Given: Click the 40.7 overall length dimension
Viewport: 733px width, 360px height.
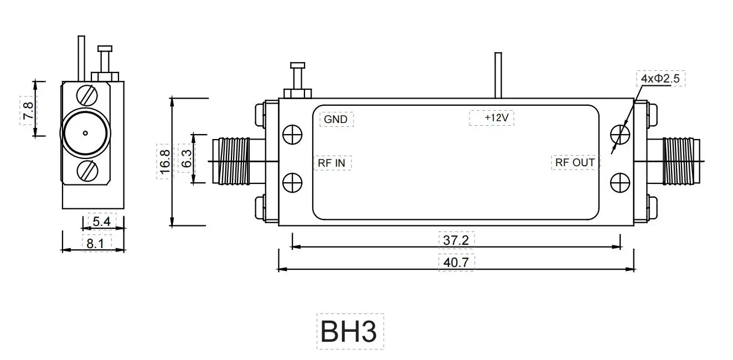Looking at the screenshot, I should (x=456, y=262).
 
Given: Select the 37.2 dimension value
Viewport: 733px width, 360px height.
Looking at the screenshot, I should (x=456, y=240).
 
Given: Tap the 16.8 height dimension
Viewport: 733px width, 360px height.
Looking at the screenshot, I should (x=164, y=162).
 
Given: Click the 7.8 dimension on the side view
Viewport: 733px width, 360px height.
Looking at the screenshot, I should (x=28, y=109).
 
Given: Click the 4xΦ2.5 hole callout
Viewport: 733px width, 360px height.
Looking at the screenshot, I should (x=660, y=79).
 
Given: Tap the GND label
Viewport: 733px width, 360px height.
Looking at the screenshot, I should (x=335, y=119).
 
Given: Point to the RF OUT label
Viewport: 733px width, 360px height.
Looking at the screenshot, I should (x=575, y=162).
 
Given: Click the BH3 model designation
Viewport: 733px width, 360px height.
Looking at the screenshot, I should (x=349, y=331).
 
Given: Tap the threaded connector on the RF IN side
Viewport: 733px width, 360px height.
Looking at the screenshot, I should (x=234, y=161).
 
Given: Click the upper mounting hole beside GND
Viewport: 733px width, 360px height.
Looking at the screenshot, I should (x=292, y=135).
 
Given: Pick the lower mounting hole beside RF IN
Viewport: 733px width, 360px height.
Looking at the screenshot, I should (x=292, y=182).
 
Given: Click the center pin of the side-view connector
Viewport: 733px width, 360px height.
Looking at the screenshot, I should (x=85, y=133).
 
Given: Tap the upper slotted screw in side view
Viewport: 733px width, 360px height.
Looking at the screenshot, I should (x=89, y=95).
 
